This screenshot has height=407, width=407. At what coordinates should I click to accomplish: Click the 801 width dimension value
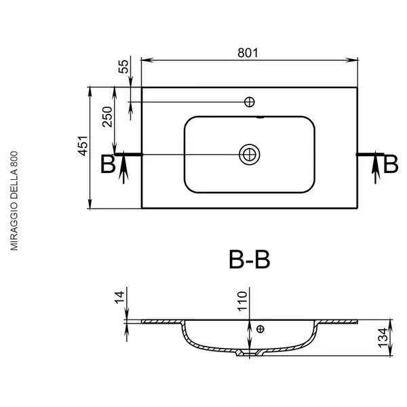[x=248, y=53]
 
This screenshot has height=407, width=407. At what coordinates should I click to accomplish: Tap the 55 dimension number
[x=123, y=66]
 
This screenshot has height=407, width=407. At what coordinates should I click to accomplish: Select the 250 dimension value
[x=107, y=117]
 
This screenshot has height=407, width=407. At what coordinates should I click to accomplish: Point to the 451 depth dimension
[x=83, y=146]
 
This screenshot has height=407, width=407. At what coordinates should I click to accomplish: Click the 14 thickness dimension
[x=119, y=298]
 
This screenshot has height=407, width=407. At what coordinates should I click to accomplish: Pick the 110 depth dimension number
[x=242, y=301]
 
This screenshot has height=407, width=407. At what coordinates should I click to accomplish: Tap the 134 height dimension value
[x=383, y=338]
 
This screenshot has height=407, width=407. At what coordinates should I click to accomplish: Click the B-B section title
[x=250, y=259]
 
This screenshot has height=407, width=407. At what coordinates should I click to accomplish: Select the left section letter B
[x=108, y=164]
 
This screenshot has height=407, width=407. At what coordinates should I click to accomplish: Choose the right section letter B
[x=391, y=164]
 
